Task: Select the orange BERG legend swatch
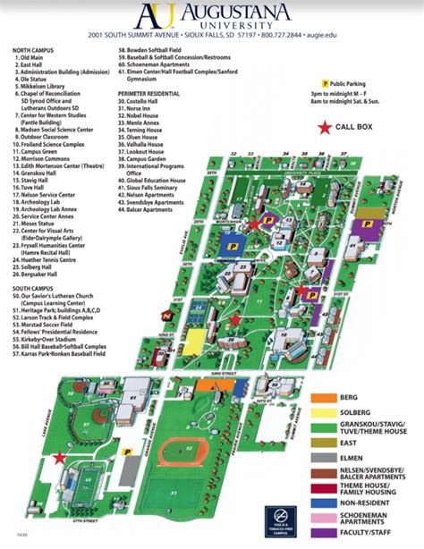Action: [x=326, y=395]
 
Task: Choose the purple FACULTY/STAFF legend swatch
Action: [x=326, y=533]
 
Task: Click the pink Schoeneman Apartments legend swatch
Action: [x=326, y=516]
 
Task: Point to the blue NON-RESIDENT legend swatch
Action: [x=326, y=501]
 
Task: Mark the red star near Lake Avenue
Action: [x=60, y=457]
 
